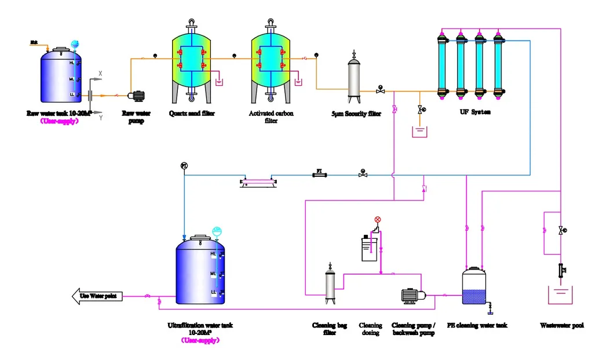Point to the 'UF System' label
471,111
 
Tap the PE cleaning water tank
478,287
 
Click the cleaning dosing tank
369,248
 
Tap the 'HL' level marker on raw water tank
72,63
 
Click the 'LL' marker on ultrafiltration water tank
213,292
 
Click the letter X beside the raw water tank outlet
101,74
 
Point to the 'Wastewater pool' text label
561,326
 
